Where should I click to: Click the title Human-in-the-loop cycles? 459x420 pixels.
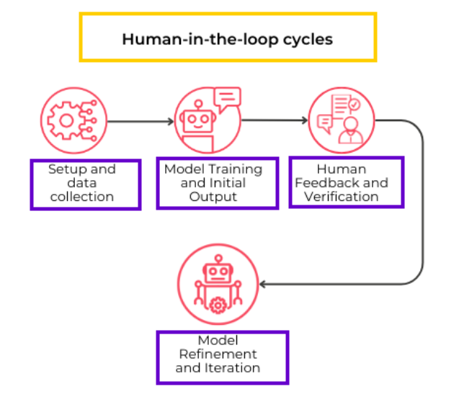227,38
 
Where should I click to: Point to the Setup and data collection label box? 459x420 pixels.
85,184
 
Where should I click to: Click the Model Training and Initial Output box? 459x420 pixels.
218,183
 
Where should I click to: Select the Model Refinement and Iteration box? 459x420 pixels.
222,357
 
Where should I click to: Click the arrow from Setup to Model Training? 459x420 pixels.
139,121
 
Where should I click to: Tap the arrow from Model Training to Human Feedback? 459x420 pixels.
274,121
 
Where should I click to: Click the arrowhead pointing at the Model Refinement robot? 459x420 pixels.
264,284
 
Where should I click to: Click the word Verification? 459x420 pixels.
341,197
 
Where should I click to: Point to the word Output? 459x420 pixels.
218,197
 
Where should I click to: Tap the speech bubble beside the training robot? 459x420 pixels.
227,98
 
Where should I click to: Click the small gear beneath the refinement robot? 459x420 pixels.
218,305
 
